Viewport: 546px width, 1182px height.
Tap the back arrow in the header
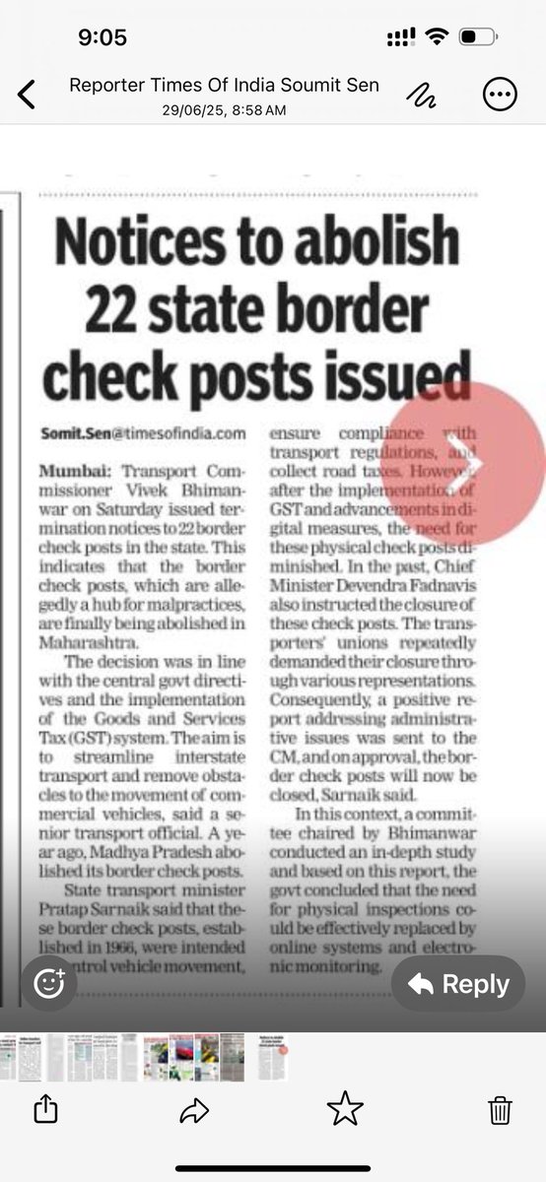(x=27, y=95)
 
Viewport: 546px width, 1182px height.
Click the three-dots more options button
(x=499, y=95)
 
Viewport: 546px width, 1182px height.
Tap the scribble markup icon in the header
(x=424, y=95)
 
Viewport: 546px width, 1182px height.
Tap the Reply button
(x=458, y=984)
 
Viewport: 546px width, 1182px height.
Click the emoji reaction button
(x=49, y=984)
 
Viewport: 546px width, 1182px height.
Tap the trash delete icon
(x=500, y=1110)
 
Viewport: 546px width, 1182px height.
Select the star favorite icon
(x=345, y=1110)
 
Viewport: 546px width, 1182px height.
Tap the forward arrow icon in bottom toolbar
(x=194, y=1111)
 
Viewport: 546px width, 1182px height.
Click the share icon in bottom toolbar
(x=45, y=1110)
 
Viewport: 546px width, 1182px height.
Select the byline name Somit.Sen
(x=74, y=433)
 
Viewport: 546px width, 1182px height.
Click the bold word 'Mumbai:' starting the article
(x=75, y=468)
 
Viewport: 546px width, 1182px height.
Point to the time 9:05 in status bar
(x=102, y=37)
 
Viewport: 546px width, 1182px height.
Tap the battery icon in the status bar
(x=480, y=37)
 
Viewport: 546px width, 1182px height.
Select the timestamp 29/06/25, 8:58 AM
(x=224, y=110)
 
